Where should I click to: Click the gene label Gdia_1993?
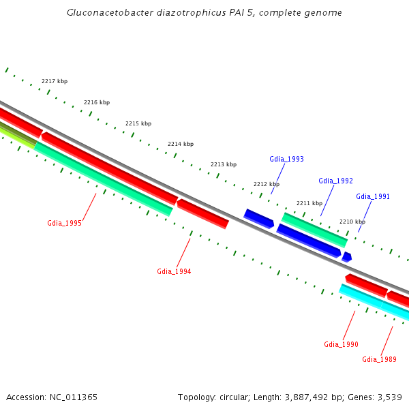pos(286,159)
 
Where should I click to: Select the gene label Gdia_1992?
pos(335,181)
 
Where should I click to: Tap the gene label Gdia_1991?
pos(373,196)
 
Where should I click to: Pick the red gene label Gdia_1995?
pos(64,223)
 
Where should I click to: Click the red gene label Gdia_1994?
pos(174,271)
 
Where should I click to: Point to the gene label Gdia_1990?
pos(341,344)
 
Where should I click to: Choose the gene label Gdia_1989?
pos(379,359)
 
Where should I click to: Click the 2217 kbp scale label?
pos(55,81)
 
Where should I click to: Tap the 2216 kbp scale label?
pos(97,102)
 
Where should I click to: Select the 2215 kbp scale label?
pos(138,123)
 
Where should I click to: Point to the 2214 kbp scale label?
pos(181,144)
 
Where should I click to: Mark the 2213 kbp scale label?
pos(224,164)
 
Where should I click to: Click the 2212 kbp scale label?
pos(267,184)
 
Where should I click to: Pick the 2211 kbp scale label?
pos(309,203)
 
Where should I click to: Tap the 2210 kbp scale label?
pos(352,222)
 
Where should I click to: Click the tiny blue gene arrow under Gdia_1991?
pos(347,257)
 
